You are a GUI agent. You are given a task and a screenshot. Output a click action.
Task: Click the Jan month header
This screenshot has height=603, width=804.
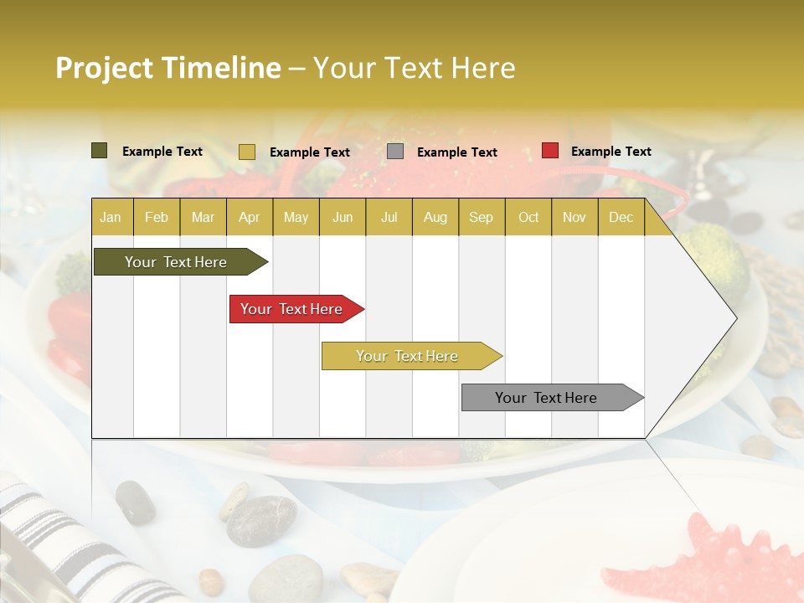111,218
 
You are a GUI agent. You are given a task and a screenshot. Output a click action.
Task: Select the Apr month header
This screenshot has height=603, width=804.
250,218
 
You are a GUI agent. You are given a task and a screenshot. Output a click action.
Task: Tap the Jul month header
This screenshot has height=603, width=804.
389,218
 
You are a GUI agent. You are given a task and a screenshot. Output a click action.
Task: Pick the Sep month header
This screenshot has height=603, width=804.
481,218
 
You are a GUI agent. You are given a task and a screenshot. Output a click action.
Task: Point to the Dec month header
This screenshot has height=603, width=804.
621,218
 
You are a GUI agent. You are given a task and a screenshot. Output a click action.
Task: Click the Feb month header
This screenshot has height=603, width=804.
157,218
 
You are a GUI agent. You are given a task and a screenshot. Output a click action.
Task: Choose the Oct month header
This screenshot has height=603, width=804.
528,218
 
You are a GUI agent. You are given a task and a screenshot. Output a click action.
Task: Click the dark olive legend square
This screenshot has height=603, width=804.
100,151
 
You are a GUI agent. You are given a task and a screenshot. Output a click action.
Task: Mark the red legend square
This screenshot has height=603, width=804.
550,151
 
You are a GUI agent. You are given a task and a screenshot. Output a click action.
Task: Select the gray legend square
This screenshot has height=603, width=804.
395,152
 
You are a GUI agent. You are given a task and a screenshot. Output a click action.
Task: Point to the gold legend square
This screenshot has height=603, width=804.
247,152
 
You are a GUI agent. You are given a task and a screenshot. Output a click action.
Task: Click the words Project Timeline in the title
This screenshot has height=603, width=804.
167,68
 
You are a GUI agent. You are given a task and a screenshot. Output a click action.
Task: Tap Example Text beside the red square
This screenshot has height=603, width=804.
611,152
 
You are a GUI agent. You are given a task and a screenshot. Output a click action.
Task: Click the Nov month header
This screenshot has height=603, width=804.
575,218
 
